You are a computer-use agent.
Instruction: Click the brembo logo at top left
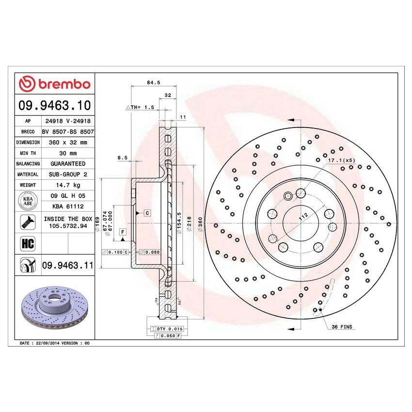click(54, 84)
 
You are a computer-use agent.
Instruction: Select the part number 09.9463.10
click(54, 105)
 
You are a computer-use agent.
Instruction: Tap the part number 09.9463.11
click(67, 265)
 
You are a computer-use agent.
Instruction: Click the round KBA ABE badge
click(27, 201)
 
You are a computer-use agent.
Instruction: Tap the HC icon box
click(27, 243)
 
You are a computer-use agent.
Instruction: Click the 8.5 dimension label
click(122, 158)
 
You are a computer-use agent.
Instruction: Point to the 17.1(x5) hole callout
click(342, 160)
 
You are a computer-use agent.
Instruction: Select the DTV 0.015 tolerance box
click(167, 329)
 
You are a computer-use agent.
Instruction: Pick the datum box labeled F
click(123, 232)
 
